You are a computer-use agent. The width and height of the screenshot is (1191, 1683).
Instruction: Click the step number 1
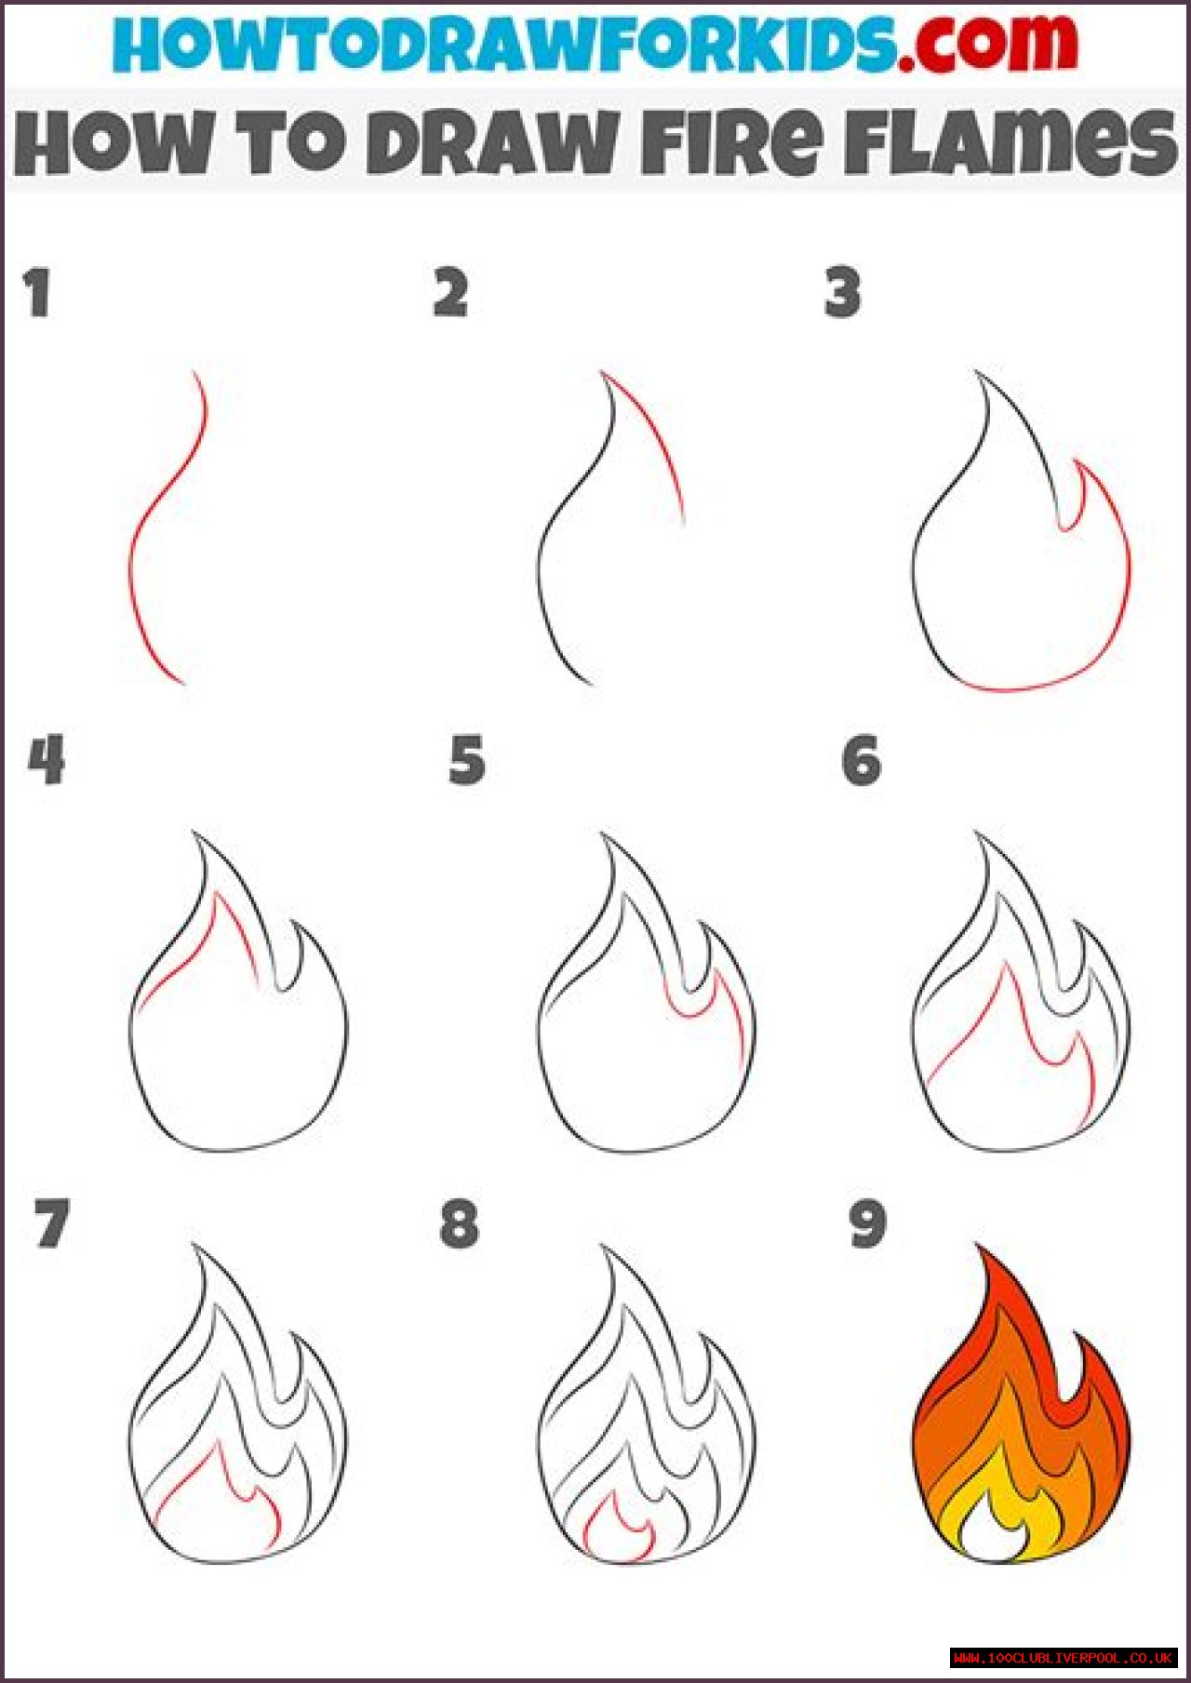[x=37, y=293]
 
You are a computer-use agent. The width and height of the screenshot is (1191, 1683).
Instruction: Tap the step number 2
[x=450, y=293]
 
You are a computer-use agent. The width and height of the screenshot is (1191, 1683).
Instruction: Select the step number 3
[x=843, y=293]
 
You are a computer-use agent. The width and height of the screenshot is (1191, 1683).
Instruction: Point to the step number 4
[x=47, y=760]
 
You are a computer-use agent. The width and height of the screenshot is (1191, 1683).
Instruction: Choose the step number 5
[x=467, y=760]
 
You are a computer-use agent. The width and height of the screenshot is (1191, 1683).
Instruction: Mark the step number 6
[x=862, y=760]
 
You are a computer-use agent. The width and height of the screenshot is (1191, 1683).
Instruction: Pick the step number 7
[x=52, y=1223]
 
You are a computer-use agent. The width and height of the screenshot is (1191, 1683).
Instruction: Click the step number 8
[x=460, y=1223]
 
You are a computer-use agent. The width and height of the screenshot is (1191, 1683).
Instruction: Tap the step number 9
[x=867, y=1223]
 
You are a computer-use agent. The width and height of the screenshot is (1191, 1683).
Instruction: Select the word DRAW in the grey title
[x=491, y=142]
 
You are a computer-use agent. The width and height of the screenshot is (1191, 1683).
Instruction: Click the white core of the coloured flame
[x=992, y=1535]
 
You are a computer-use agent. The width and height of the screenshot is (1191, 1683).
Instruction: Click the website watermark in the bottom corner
[x=1064, y=1658]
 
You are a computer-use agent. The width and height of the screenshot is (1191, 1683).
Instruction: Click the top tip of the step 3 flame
[x=977, y=372]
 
